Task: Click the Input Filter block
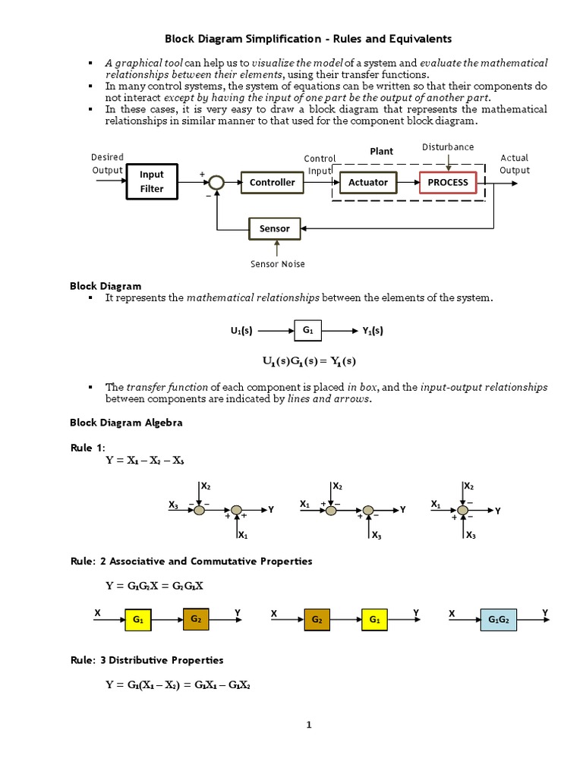click(x=152, y=182)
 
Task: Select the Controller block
click(x=273, y=182)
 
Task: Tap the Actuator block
click(x=368, y=182)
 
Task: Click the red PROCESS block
click(x=448, y=182)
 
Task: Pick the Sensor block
click(x=275, y=228)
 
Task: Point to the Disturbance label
click(x=448, y=146)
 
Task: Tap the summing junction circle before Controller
click(x=217, y=182)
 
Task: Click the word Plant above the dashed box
click(x=381, y=151)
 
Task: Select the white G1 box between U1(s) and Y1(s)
click(x=307, y=331)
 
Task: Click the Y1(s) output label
click(x=371, y=331)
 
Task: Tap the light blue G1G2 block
click(x=499, y=620)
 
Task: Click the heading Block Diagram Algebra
click(x=126, y=423)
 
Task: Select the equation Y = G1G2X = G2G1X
click(x=154, y=586)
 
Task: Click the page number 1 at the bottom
click(x=309, y=725)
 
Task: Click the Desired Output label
click(x=107, y=164)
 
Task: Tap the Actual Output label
click(x=514, y=164)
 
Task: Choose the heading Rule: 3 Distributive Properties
click(x=147, y=660)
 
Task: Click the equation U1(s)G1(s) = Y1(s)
click(x=308, y=360)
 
